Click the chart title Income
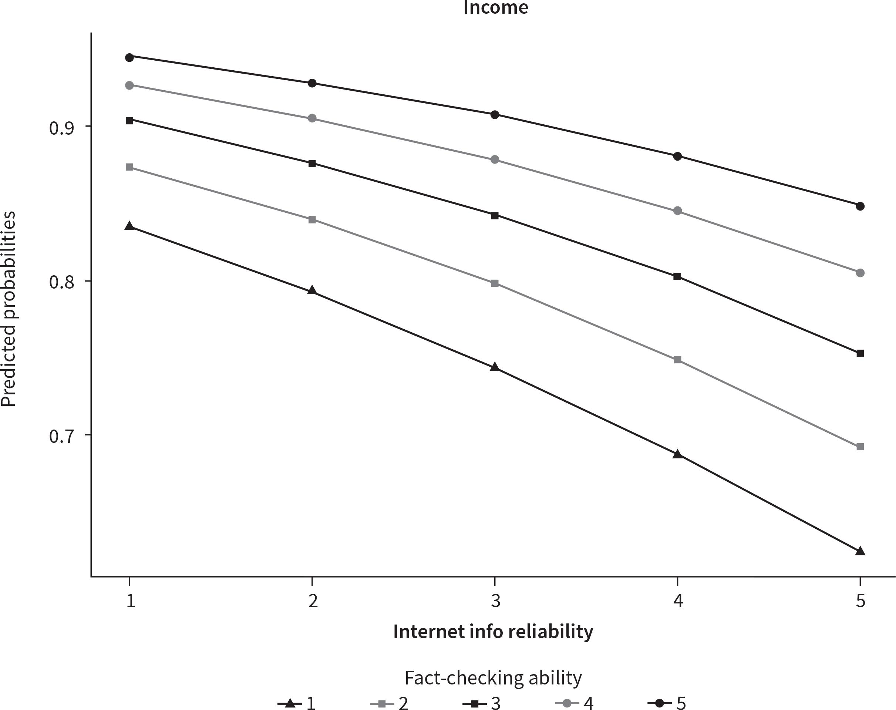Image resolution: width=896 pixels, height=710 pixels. tap(495, 7)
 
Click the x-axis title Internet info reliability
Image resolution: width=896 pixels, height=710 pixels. tap(493, 632)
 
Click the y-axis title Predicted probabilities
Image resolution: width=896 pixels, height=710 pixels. tap(8, 309)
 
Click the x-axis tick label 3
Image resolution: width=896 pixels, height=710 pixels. tap(495, 601)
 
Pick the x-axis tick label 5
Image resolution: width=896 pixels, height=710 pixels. tap(860, 601)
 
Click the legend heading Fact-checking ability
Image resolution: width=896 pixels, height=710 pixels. tap(493, 677)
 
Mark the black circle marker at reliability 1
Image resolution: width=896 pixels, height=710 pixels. tap(129, 57)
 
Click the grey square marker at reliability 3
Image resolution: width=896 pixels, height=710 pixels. tap(495, 283)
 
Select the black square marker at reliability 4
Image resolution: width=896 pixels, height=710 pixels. tap(677, 276)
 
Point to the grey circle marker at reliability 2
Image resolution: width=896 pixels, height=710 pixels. tap(312, 118)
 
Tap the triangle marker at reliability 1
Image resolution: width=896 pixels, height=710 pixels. tap(129, 226)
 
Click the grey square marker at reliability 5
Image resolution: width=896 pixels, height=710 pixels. tap(860, 447)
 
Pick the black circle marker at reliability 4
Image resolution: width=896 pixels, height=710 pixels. tap(677, 156)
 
